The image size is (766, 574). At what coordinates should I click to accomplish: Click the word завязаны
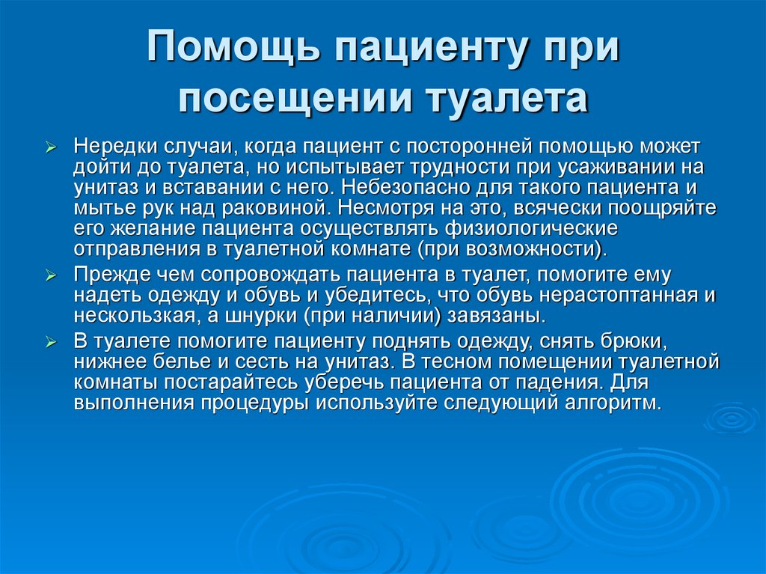[500, 315]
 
